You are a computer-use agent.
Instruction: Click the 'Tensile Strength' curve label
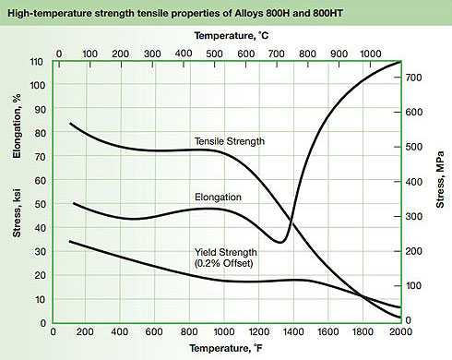pos(230,141)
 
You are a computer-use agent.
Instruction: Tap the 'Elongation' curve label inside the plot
pos(219,197)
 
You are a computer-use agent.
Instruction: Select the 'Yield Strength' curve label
pos(225,251)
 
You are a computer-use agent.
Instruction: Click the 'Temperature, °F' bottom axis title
pos(223,348)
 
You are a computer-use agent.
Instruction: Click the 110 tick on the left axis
pos(38,62)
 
